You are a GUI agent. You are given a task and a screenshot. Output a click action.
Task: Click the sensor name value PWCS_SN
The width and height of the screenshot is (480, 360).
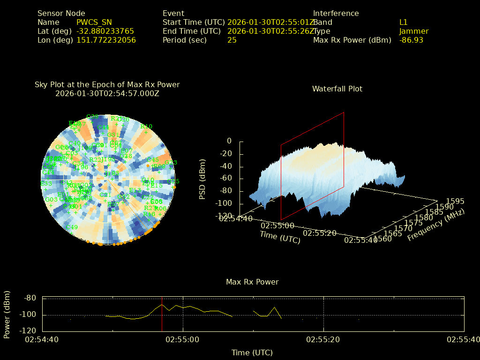click(94, 22)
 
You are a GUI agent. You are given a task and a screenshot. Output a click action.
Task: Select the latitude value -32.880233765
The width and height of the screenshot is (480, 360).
click(105, 31)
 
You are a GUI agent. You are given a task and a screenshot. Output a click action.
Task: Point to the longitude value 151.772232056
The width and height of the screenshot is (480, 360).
click(106, 40)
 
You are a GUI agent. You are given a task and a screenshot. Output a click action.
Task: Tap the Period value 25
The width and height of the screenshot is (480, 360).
click(232, 40)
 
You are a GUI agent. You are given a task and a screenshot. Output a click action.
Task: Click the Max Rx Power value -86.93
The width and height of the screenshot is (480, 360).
click(411, 40)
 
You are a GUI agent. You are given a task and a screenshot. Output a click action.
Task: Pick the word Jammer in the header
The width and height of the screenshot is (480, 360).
click(413, 31)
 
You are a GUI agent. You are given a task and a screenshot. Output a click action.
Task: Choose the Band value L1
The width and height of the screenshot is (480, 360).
click(403, 22)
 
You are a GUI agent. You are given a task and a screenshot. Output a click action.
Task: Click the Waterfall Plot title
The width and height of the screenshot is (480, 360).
click(337, 89)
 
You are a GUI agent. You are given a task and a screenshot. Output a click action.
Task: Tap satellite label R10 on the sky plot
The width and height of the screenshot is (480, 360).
click(146, 127)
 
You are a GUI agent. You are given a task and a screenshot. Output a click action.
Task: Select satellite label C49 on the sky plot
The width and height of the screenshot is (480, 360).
click(72, 227)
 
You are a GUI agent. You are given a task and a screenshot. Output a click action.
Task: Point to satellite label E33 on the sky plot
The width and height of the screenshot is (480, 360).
click(46, 183)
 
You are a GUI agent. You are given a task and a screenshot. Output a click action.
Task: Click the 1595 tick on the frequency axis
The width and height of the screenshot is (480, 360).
click(456, 201)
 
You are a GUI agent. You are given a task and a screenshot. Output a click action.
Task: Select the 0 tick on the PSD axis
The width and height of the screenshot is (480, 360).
click(229, 141)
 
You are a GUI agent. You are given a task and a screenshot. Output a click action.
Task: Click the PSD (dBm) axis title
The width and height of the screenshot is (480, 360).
click(202, 178)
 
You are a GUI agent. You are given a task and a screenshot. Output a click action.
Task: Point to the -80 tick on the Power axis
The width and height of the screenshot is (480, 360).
click(30, 298)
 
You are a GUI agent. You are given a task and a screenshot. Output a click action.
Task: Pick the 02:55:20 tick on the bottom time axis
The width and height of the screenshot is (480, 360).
click(323, 339)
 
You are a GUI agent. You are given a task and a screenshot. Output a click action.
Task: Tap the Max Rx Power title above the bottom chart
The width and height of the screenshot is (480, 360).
click(252, 282)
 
